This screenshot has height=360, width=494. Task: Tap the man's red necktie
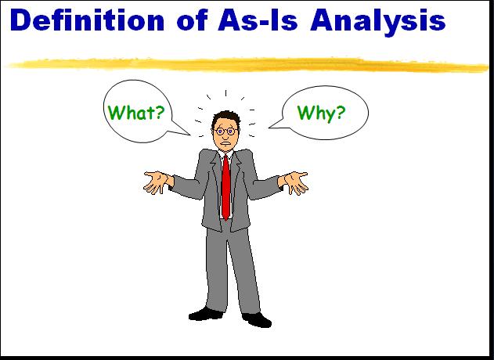(225, 185)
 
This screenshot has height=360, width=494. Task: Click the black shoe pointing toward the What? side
(206, 314)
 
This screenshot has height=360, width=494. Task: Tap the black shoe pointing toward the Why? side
(257, 319)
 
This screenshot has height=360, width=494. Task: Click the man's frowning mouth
(225, 142)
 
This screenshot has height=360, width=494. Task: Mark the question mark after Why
(337, 113)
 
